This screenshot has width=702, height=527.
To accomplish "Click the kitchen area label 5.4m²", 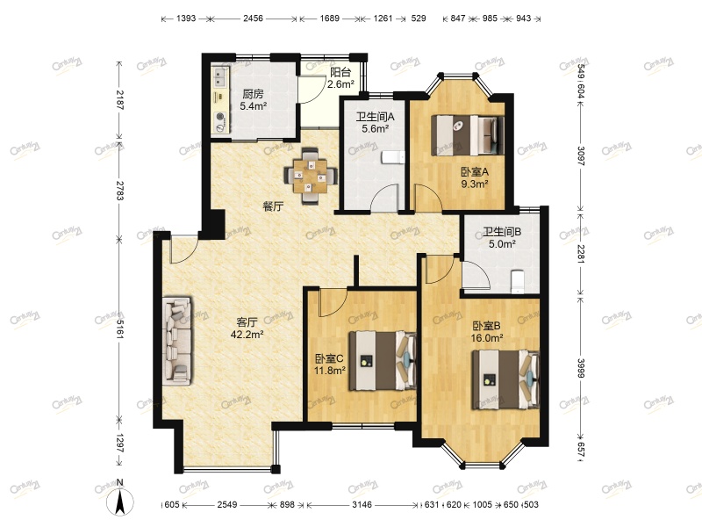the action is (254, 106).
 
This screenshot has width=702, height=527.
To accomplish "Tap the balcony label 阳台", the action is (340, 72).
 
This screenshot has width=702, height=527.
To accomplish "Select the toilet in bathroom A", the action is (393, 158).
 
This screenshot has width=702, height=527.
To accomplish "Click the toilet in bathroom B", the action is (517, 281).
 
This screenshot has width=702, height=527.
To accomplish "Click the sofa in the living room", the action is (178, 341).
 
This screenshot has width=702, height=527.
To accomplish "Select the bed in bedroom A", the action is (468, 135).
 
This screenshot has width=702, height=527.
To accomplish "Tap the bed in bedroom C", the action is (383, 361).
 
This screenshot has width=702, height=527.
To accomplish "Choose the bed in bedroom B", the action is (506, 379).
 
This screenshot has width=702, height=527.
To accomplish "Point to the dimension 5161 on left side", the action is (119, 328).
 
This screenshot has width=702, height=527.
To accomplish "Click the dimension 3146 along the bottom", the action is (362, 505).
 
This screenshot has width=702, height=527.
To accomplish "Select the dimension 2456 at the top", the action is (253, 18).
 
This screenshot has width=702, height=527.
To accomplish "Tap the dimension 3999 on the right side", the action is (580, 367).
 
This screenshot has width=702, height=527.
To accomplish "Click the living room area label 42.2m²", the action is (247, 335).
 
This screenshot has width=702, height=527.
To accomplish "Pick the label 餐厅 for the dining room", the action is (273, 206).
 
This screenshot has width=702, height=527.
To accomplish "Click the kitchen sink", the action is (220, 77).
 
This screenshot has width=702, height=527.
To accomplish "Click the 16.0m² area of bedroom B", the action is (487, 338).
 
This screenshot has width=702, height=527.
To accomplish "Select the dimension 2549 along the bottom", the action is (227, 505).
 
